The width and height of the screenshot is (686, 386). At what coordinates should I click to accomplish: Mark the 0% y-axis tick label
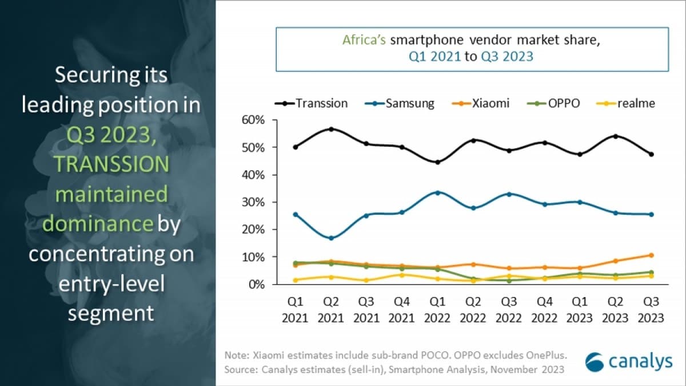coord(258,284)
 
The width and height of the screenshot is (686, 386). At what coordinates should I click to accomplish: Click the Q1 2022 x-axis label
coord(437,310)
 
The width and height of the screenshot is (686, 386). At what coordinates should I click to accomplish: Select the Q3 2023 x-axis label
coord(650,310)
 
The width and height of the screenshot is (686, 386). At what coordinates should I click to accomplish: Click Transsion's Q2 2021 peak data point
coord(331,129)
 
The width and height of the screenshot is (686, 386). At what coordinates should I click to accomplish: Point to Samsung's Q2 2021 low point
coord(331,238)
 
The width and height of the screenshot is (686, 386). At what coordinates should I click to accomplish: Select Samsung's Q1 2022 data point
coord(437,192)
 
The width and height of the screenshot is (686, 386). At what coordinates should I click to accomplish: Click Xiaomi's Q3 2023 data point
coord(651,255)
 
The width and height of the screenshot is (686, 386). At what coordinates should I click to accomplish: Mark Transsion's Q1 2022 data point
coord(437,162)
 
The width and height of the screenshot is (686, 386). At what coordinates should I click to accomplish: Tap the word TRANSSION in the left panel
coord(112,164)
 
